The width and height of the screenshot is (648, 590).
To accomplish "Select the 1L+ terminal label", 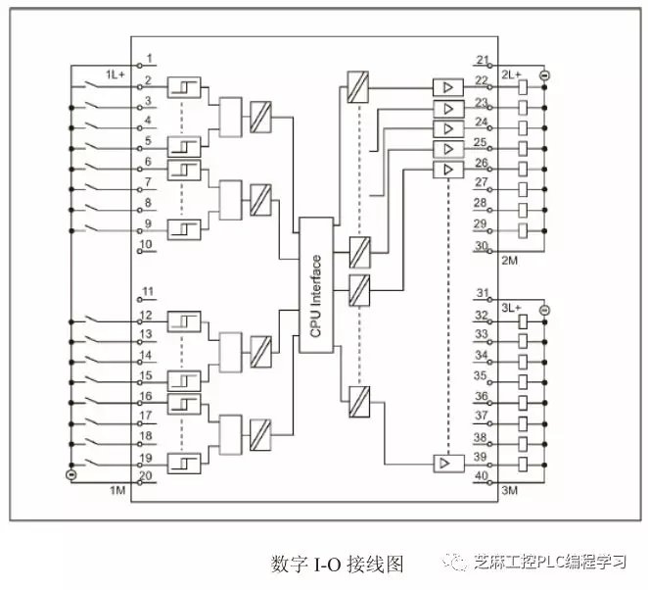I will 115,74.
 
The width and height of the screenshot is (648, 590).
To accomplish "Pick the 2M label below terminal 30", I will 510,261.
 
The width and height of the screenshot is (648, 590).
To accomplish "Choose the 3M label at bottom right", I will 510,488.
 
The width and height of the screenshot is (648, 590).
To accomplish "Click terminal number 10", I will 146,244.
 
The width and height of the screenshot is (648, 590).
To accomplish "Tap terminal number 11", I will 147,293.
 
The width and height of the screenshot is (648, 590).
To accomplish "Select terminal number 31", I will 482,293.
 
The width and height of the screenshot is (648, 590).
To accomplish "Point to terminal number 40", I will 482,477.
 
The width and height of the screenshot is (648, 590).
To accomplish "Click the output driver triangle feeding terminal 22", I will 446,87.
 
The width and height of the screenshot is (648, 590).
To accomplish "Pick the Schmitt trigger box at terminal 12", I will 183,320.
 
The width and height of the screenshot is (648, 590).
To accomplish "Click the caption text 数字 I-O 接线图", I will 337,564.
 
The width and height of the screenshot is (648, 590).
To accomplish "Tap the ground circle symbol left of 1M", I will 70,476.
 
